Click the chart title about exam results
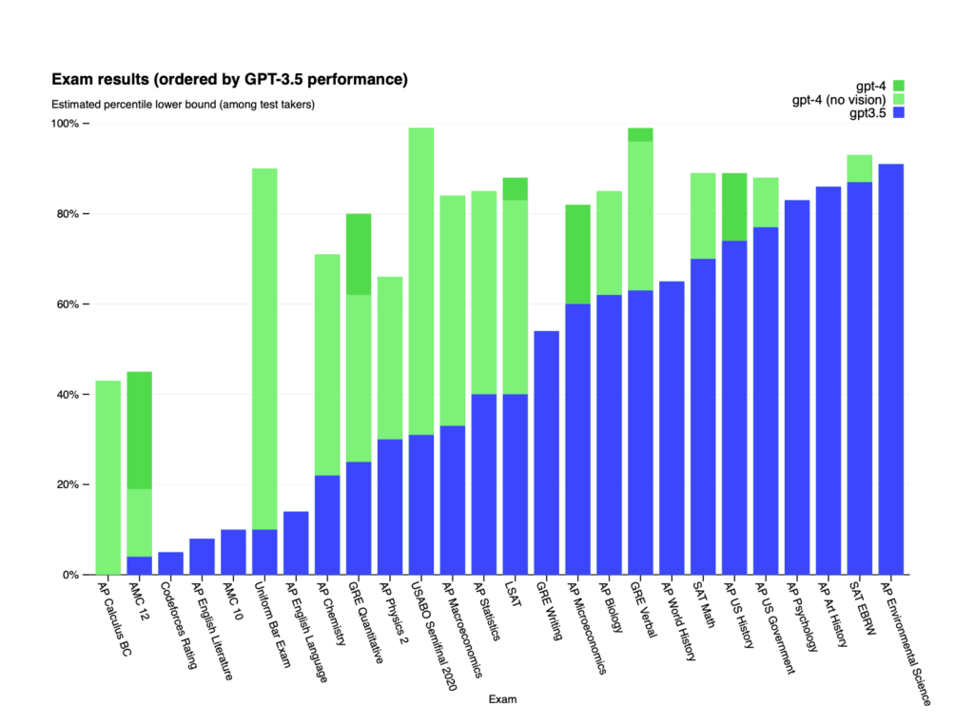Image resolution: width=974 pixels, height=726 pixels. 229,79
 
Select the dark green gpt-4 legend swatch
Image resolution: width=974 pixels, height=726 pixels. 898,86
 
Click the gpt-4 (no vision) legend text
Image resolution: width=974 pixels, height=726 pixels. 840,99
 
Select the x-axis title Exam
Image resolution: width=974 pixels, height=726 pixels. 502,699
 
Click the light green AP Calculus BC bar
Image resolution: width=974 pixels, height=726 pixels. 107,476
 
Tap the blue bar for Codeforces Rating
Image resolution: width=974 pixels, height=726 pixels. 170,563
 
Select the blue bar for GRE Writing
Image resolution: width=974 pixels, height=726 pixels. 547,452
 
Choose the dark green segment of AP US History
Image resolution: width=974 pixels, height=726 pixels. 734,206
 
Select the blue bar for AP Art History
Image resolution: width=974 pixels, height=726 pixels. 828,381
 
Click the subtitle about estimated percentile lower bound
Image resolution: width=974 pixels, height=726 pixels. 183,104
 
